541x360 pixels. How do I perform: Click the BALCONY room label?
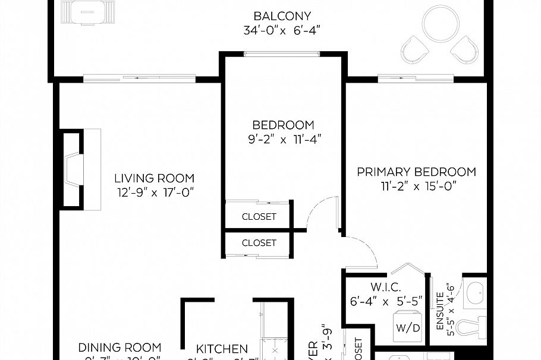coord(282,16)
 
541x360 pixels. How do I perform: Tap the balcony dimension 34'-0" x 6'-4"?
coord(282,30)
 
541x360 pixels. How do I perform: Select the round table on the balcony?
coord(439,26)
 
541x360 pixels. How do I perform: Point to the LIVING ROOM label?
coord(155,178)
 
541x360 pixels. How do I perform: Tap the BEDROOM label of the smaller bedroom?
coord(283,125)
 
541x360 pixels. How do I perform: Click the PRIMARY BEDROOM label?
coord(416,172)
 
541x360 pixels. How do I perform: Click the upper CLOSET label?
coord(259,217)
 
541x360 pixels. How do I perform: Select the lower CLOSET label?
coord(259,243)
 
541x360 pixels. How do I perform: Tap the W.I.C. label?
coord(385,287)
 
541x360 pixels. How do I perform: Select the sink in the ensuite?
coord(474,292)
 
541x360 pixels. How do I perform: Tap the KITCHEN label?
coord(222,349)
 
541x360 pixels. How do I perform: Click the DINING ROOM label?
coord(119,348)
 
